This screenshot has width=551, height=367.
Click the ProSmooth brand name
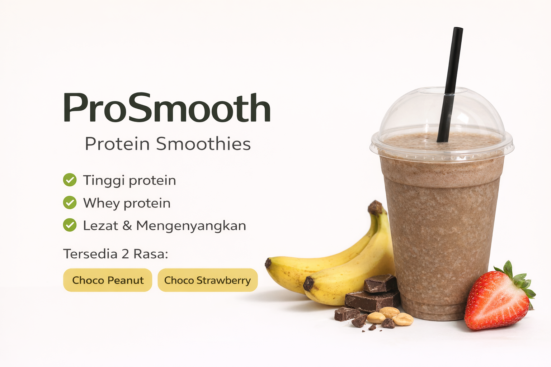[167, 108]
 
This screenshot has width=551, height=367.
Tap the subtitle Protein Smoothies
[168, 144]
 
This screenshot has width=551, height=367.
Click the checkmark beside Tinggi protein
[70, 180]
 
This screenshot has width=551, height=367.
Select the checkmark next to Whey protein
[70, 203]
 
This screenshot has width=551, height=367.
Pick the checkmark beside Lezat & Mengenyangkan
[70, 225]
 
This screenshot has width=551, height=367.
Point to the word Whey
[102, 203]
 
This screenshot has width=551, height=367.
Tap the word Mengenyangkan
[191, 226]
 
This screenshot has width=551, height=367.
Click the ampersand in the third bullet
[127, 226]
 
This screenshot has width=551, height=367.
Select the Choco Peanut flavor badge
[108, 280]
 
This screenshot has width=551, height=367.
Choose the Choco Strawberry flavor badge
[207, 280]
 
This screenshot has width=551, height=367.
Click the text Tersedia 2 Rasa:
[116, 254]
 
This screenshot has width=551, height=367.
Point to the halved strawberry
[495, 301]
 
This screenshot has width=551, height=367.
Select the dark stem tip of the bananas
[375, 207]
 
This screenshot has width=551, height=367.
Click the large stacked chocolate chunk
[373, 299]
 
